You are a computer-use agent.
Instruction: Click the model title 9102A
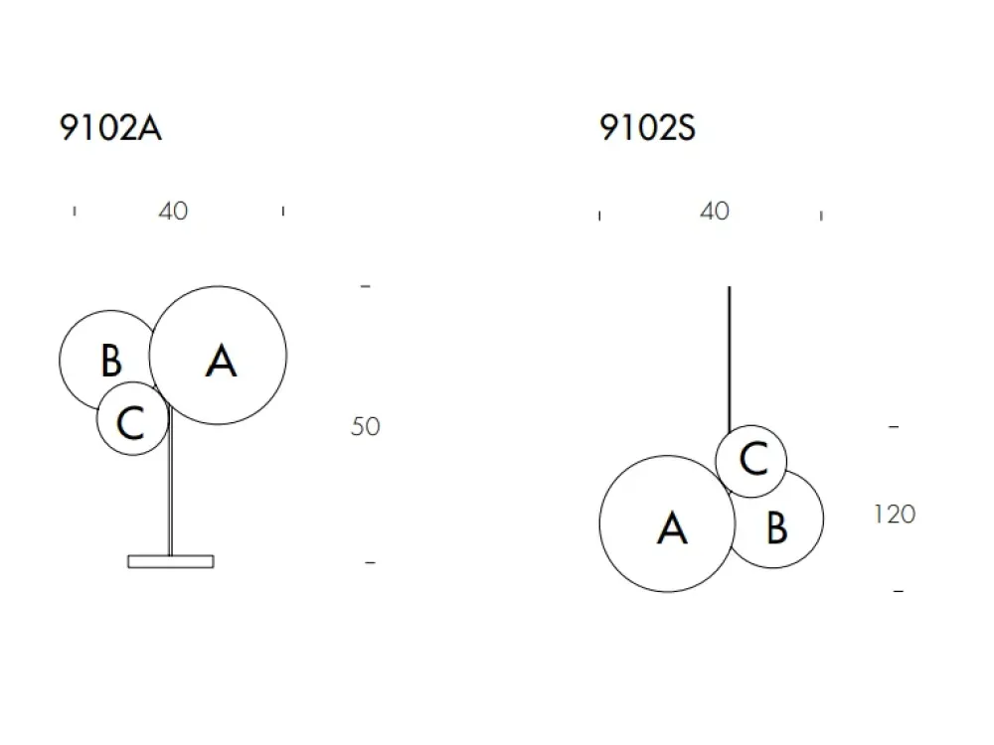tap(110, 128)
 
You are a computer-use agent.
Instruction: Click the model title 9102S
tap(647, 128)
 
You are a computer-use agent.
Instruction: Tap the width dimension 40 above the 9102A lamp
tap(173, 211)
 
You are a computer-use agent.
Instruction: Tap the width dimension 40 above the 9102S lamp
tap(715, 211)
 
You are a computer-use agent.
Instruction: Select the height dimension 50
tap(365, 426)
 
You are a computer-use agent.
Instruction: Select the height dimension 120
tap(895, 515)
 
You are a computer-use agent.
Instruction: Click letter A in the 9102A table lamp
tap(221, 362)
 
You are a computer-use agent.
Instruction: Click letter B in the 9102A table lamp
tap(111, 361)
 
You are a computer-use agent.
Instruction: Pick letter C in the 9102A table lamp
tap(130, 422)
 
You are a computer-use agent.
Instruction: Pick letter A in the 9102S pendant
tap(672, 528)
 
